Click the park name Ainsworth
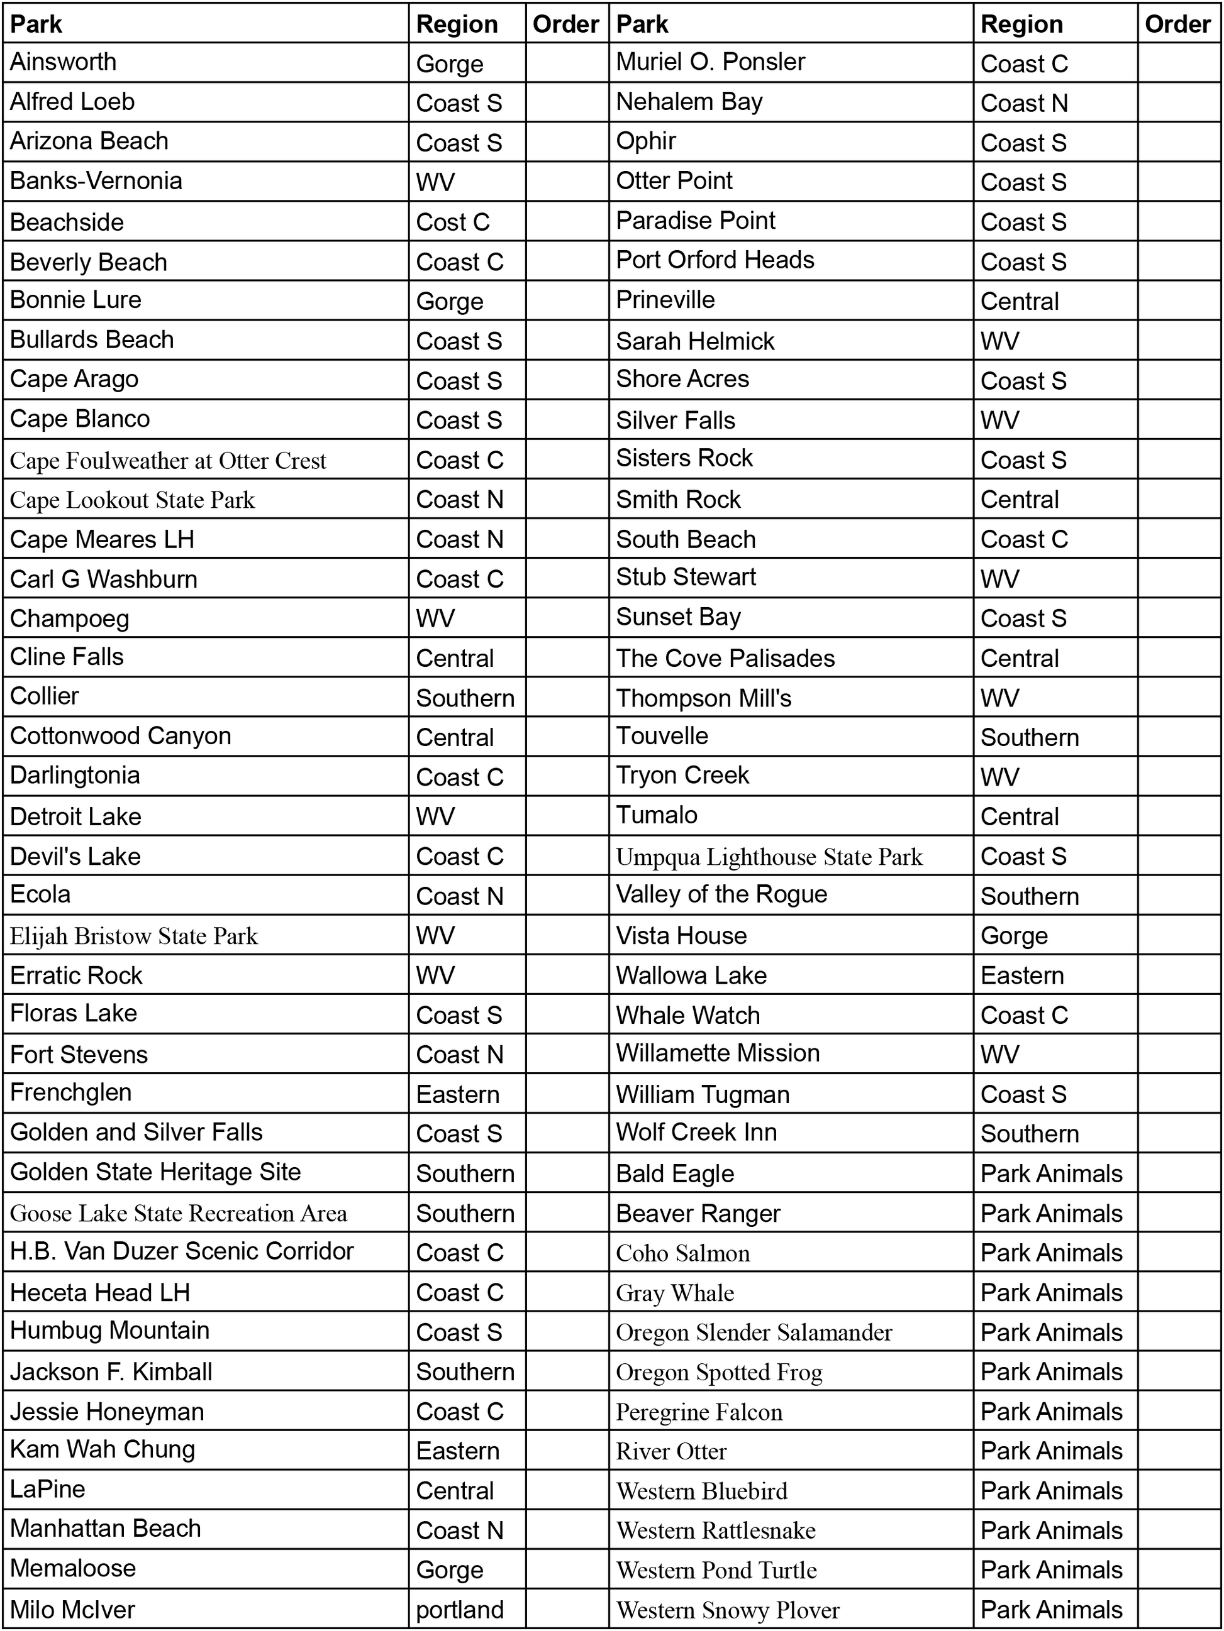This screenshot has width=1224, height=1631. tap(64, 62)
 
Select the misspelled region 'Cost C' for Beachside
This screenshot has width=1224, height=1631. tap(452, 222)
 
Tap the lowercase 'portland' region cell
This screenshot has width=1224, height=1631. tap(460, 1609)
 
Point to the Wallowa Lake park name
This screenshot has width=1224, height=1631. tap(691, 975)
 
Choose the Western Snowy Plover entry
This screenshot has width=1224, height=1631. tap(728, 1610)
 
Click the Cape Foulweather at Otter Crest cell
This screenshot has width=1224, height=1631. tap(168, 461)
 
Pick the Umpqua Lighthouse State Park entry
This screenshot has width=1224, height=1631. tap(769, 857)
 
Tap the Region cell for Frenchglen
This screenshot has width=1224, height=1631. tap(457, 1094)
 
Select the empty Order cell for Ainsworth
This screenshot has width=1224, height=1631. tap(567, 63)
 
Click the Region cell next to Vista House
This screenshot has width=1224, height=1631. tap(1014, 936)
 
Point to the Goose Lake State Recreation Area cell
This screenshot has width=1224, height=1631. tap(179, 1214)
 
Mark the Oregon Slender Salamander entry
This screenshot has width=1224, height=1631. tap(754, 1332)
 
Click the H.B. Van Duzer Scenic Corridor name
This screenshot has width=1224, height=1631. tap(182, 1251)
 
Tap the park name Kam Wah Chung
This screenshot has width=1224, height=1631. tap(103, 1449)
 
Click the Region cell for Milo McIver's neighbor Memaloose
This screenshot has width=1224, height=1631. tap(449, 1570)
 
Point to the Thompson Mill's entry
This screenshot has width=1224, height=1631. tap(703, 698)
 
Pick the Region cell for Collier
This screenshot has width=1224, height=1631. tap(465, 698)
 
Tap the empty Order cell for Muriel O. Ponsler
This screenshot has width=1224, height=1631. tap(1178, 63)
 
